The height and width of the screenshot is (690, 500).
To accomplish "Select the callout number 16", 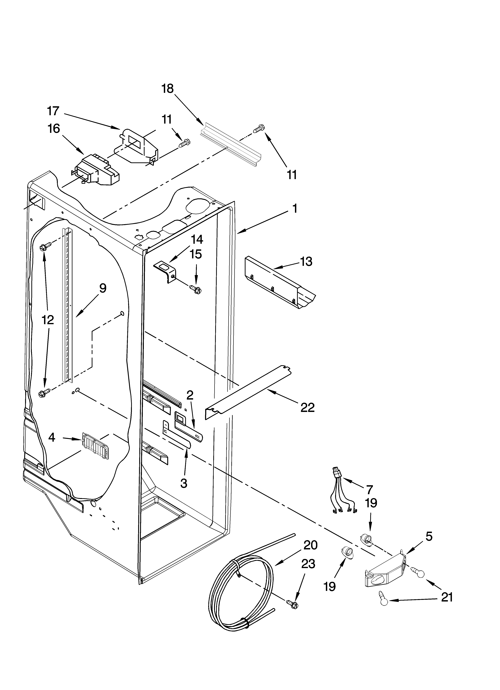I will [x=54, y=129].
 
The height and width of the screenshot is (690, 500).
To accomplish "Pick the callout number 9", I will [x=103, y=288].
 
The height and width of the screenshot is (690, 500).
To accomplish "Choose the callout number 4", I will [x=52, y=437].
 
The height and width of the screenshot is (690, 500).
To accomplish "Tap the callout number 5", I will [x=429, y=537].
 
